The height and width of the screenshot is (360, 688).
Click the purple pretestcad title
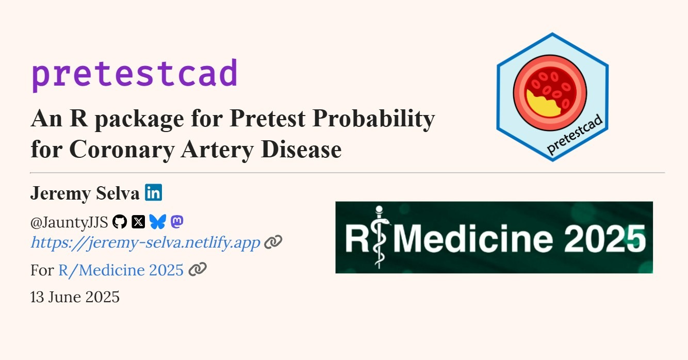point(135,75)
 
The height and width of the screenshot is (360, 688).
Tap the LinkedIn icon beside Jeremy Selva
point(153,192)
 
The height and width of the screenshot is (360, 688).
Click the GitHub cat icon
point(120,221)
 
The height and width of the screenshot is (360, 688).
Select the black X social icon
point(138,221)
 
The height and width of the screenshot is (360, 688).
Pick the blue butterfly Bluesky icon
point(158,221)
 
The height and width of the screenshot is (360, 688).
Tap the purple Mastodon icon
point(177,221)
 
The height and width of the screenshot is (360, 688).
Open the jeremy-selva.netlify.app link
point(145,242)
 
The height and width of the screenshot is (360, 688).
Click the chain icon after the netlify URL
point(273,242)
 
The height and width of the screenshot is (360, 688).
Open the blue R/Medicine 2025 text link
point(121,270)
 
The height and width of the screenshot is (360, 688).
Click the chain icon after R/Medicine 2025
point(198,269)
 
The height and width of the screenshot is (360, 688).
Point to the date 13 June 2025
point(75,297)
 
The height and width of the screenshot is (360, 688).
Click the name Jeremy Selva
point(85,193)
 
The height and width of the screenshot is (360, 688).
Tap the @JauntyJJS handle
point(69,222)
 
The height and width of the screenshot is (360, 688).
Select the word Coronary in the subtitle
point(122,150)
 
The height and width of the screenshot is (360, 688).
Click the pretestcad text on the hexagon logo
point(575,134)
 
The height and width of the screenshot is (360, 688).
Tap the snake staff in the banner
point(380,237)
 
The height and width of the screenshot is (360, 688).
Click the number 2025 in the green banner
point(604,238)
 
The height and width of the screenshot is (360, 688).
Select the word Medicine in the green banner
point(473,238)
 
